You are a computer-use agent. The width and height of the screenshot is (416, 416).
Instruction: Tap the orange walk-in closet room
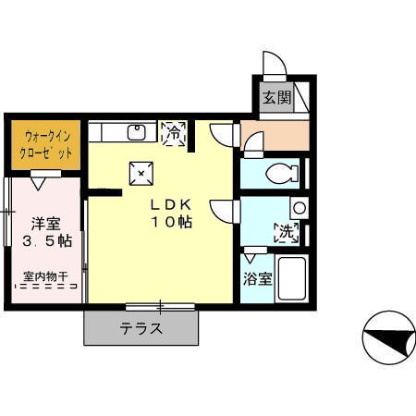tap(45, 144)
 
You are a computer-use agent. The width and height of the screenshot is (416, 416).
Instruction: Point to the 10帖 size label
tap(173, 223)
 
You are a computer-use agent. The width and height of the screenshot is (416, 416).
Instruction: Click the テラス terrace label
tap(141, 328)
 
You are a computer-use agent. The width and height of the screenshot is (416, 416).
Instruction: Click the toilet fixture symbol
tap(279, 173)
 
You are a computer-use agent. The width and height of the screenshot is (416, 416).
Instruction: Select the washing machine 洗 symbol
tap(286, 232)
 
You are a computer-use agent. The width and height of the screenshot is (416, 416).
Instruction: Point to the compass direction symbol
tap(388, 338)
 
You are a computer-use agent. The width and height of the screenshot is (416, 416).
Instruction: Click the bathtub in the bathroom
tap(292, 276)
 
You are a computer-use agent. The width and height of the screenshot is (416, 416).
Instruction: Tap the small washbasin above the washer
tap(298, 208)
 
